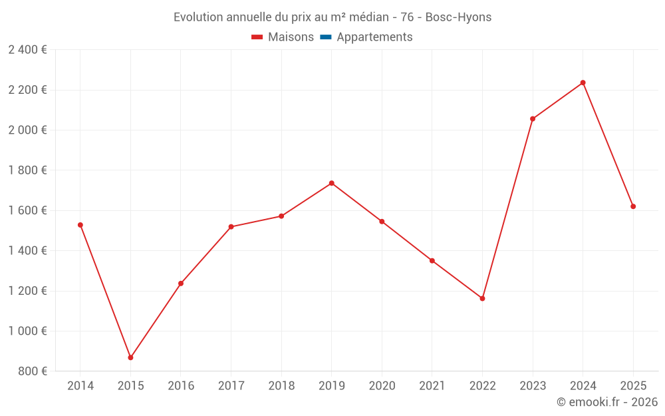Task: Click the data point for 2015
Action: click(130, 357)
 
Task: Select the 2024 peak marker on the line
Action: click(583, 83)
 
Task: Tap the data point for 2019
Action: click(331, 183)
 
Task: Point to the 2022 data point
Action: click(482, 298)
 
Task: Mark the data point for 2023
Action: click(533, 118)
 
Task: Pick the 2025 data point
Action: click(633, 206)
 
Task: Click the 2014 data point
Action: click(80, 225)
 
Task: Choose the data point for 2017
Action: click(231, 227)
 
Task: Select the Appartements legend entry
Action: click(374, 37)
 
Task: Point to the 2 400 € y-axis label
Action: click(27, 49)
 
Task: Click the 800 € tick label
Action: click(33, 371)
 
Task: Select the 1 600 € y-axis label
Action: click(27, 210)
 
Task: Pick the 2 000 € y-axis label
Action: click(27, 130)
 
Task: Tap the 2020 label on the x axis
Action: click(382, 386)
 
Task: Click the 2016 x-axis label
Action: click(181, 386)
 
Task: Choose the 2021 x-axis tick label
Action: click(432, 386)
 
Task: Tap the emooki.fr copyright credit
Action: click(606, 402)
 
